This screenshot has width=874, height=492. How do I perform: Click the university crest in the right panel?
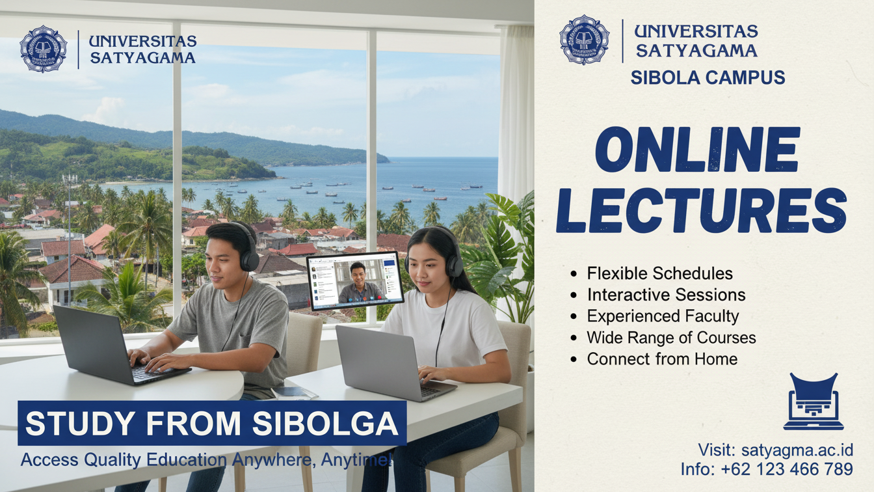pyautogui.click(x=584, y=40)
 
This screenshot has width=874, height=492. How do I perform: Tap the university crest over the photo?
pyautogui.click(x=44, y=49)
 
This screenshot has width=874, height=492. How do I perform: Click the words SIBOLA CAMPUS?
pyautogui.click(x=708, y=77)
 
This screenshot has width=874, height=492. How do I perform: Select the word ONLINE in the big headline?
pyautogui.click(x=698, y=150)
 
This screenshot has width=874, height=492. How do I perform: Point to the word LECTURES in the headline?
pyautogui.click(x=701, y=210)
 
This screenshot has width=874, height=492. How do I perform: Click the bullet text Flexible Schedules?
pyautogui.click(x=660, y=273)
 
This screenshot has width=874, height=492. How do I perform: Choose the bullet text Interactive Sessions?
pyautogui.click(x=667, y=295)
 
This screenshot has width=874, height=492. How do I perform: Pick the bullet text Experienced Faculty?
pyautogui.click(x=663, y=316)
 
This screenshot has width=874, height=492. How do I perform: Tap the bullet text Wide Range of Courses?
pyautogui.click(x=672, y=337)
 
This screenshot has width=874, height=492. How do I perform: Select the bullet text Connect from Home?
pyautogui.click(x=662, y=359)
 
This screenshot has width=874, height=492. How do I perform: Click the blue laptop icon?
pyautogui.click(x=814, y=401)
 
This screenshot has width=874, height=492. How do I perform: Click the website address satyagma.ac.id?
pyautogui.click(x=797, y=450)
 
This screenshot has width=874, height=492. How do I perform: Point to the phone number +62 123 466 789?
pyautogui.click(x=787, y=469)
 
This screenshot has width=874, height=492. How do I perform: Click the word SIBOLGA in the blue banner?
pyautogui.click(x=325, y=423)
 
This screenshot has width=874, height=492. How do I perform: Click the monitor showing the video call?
pyautogui.click(x=355, y=280)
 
